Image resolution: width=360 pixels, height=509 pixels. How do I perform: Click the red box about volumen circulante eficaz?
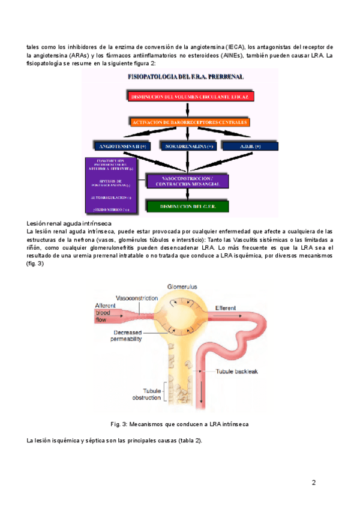pos(190,97)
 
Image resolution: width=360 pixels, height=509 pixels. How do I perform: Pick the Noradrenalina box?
pos(189,146)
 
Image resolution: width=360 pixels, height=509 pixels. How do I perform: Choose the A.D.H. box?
pos(250,146)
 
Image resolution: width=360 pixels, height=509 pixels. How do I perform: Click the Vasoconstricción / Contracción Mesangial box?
pos(187,181)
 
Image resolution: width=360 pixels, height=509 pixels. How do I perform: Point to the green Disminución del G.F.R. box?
pos(187,206)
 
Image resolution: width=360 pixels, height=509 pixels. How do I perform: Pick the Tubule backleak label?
pos(236,372)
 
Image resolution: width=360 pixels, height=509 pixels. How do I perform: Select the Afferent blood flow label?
pos(105,313)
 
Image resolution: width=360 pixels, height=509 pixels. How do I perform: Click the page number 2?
pos(313,482)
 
